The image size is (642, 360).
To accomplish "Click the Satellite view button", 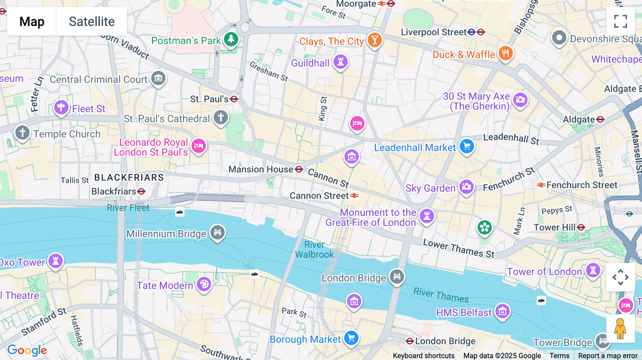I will click(92, 21).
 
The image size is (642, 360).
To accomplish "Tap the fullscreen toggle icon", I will click(620, 21).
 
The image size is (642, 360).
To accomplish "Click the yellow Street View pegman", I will click(620, 328).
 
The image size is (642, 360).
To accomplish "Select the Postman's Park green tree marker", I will click(231, 38).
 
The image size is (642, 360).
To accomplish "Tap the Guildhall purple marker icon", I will click(341, 62).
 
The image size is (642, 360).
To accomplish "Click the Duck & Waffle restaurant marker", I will click(505, 53).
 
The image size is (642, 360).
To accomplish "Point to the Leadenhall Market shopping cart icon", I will click(467, 146).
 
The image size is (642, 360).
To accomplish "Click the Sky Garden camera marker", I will click(466, 186).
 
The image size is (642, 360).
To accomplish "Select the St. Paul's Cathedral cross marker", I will click(221, 117).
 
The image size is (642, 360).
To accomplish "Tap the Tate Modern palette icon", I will click(204, 284).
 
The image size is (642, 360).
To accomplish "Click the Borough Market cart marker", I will click(351, 338).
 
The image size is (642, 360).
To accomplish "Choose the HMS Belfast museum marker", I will click(502, 312).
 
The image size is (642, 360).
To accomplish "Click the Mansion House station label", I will click(261, 169).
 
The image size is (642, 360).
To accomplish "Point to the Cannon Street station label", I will click(319, 196).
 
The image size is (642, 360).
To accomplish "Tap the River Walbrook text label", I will click(314, 250).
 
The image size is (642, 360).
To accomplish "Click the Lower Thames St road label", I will click(459, 248).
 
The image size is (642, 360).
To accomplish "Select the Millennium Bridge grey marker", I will click(218, 232).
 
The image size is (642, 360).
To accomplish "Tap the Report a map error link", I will click(608, 355).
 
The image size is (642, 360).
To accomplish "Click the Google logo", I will click(27, 350).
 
